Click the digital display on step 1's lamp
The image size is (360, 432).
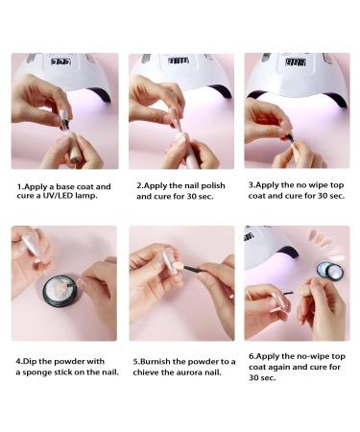(60, 61)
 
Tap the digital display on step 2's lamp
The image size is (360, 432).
(179, 60)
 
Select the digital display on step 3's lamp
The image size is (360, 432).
(296, 62)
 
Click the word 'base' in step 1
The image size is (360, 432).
(66, 186)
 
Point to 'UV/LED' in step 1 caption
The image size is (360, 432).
(58, 196)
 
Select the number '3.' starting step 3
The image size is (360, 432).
(252, 185)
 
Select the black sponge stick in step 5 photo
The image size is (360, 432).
(196, 269)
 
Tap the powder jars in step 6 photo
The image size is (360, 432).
(330, 271)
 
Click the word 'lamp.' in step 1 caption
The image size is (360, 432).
(86, 196)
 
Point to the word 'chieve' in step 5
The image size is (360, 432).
(146, 372)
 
